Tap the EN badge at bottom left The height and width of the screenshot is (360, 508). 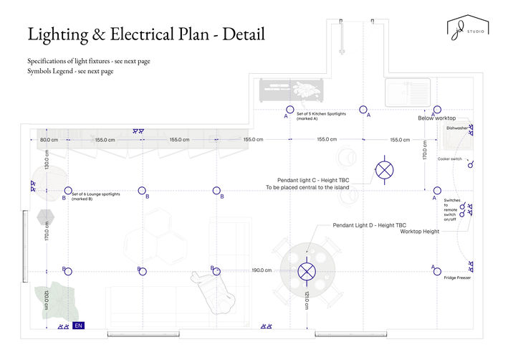pyautogui.click(x=79, y=326)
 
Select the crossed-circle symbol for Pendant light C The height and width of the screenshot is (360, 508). pyautogui.click(x=385, y=170)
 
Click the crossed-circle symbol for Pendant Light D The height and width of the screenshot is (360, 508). pyautogui.click(x=307, y=271)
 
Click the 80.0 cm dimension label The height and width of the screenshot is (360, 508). pyautogui.click(x=49, y=139)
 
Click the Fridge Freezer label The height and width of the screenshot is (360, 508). pyautogui.click(x=456, y=277)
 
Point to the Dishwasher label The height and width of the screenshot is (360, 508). pyautogui.click(x=456, y=128)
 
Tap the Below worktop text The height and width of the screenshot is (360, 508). pyautogui.click(x=436, y=118)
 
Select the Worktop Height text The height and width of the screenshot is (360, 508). pyautogui.click(x=419, y=232)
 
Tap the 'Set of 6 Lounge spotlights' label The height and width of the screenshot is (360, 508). pyautogui.click(x=96, y=196)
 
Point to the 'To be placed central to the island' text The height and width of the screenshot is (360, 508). pyautogui.click(x=307, y=188)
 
